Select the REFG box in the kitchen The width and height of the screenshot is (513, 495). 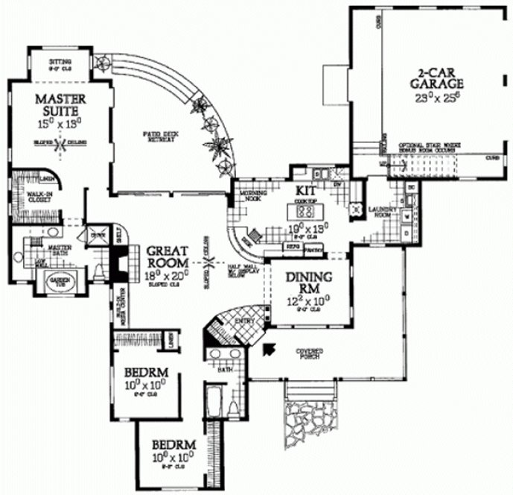point(292,245)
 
